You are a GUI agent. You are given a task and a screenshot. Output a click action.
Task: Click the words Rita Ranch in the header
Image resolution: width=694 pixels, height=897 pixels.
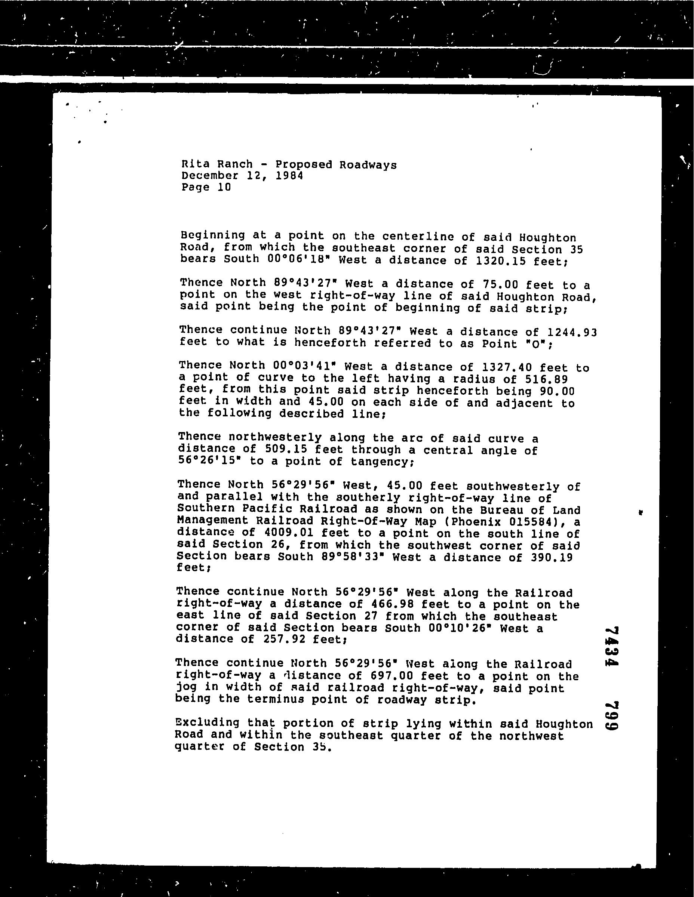[x=217, y=164]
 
